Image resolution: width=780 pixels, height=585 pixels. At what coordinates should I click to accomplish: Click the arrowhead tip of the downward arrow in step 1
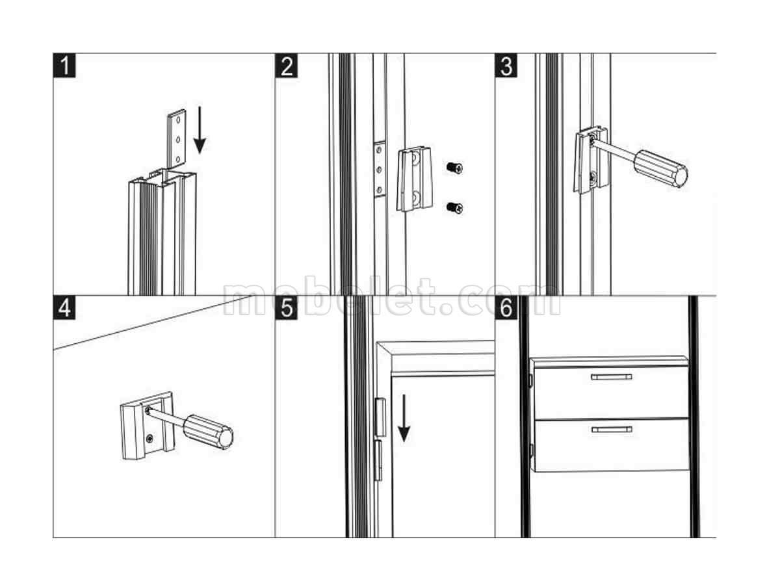click(x=200, y=153)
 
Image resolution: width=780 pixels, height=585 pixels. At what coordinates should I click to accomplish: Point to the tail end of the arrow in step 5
click(x=404, y=395)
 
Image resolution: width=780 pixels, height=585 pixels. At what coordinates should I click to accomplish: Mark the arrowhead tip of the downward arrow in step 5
click(x=404, y=442)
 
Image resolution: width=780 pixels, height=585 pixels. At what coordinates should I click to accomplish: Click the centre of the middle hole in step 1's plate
click(x=178, y=139)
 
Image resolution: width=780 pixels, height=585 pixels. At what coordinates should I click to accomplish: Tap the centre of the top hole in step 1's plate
click(x=178, y=120)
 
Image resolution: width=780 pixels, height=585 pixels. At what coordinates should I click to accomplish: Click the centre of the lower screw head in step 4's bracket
click(x=149, y=438)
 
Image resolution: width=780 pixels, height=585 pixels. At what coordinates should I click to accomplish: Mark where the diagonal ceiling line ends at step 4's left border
click(x=53, y=350)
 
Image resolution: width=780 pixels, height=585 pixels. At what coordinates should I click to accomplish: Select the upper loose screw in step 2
click(x=454, y=167)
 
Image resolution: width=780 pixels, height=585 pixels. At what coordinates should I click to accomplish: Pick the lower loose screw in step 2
click(x=454, y=207)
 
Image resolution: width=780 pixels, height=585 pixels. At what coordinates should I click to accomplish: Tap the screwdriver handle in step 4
click(x=208, y=432)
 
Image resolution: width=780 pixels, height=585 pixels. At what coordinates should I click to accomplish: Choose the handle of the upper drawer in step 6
click(x=611, y=377)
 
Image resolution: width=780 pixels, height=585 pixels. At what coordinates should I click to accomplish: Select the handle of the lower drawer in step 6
click(x=612, y=430)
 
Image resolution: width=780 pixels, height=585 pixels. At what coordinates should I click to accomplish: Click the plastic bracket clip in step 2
click(x=414, y=179)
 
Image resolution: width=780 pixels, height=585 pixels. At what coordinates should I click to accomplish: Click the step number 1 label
click(x=64, y=66)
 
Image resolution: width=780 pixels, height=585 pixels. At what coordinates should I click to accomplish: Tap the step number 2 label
click(x=287, y=66)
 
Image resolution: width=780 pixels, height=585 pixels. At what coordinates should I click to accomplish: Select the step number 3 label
click(x=506, y=66)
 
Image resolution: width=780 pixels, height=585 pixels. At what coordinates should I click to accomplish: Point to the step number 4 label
click(x=64, y=307)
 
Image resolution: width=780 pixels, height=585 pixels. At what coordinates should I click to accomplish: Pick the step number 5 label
click(x=287, y=307)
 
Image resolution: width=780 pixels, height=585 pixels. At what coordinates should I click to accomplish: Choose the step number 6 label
click(x=506, y=307)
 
